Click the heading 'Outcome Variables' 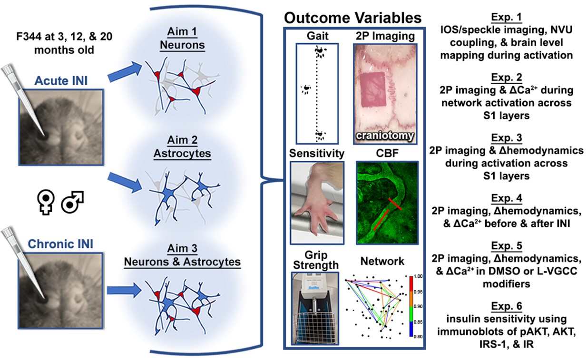(352, 18)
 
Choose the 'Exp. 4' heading (506, 196)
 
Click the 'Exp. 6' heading (506, 307)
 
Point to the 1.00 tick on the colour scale (415, 276)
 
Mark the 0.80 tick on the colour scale (415, 336)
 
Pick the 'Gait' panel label (316, 36)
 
